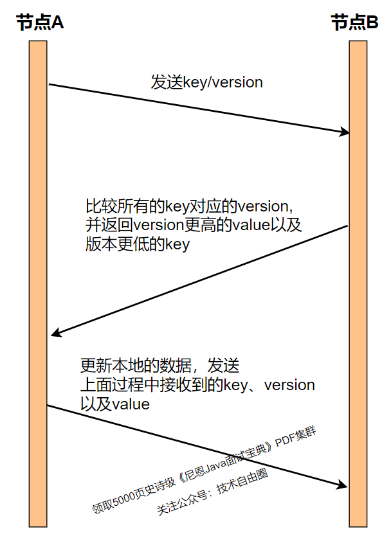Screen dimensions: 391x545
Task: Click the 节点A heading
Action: click(x=41, y=23)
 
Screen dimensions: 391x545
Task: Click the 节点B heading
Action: click(x=355, y=23)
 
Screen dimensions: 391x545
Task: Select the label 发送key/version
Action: click(x=206, y=82)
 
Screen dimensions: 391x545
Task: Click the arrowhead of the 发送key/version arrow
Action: click(x=345, y=132)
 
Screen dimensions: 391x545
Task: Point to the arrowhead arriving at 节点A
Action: click(x=56, y=334)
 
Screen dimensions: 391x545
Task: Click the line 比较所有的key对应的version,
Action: click(x=190, y=207)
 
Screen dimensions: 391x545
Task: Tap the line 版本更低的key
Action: click(x=138, y=244)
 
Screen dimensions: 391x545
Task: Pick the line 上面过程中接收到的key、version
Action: click(x=197, y=386)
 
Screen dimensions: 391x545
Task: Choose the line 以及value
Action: click(x=114, y=404)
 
